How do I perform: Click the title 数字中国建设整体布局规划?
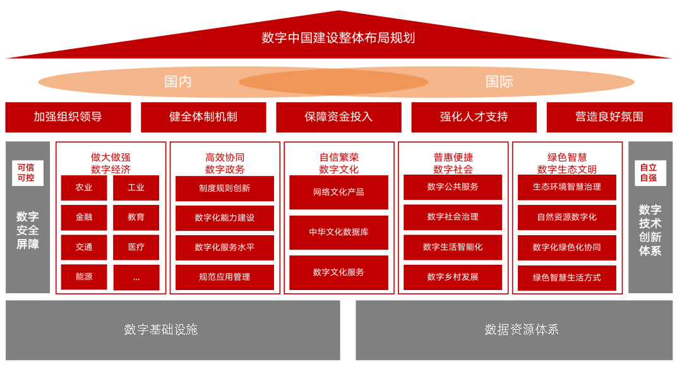[338, 38]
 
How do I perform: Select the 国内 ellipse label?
[178, 82]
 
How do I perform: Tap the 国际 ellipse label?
[500, 82]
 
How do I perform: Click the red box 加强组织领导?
[68, 117]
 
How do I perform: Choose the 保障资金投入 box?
[338, 117]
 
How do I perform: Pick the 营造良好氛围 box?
[609, 117]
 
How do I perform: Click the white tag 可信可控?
[27, 173]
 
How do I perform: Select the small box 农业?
[84, 188]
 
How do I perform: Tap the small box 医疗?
[136, 247]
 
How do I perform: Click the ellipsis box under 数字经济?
[136, 277]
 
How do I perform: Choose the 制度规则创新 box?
[225, 189]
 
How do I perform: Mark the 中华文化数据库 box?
[338, 232]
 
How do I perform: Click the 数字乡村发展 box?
[453, 277]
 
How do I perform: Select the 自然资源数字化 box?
[567, 217]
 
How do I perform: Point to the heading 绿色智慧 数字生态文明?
[567, 163]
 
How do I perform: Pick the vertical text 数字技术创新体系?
[650, 230]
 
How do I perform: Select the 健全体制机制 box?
[203, 117]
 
